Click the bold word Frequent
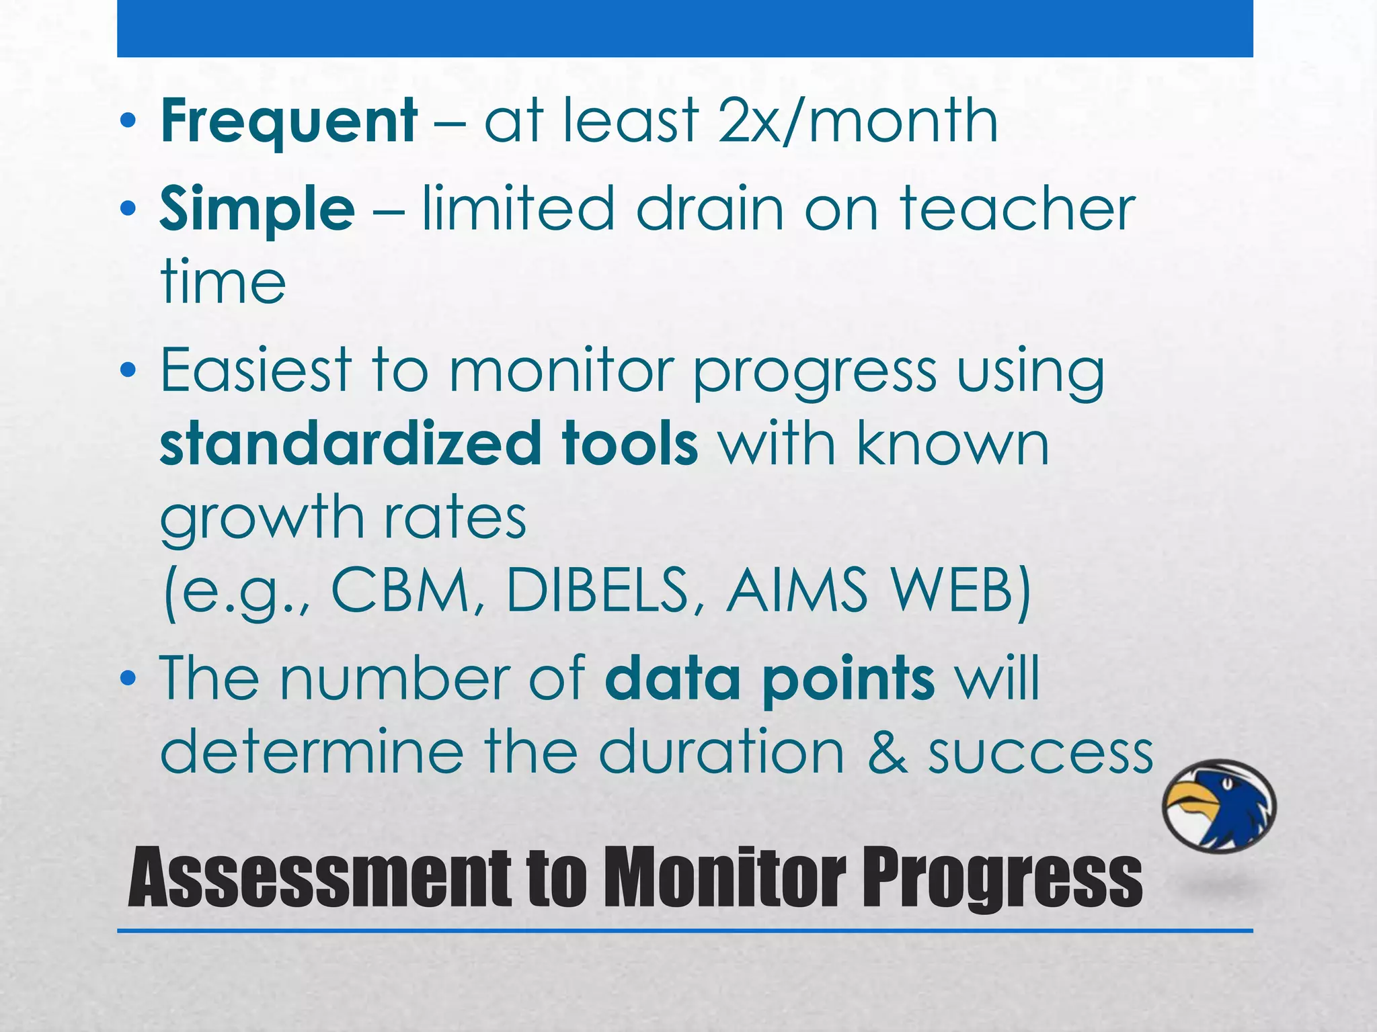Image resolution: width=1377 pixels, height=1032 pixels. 288,122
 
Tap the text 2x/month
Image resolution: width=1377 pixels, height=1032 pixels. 857,122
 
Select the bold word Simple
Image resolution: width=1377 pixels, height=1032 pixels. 257,210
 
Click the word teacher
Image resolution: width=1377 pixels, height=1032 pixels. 1017,210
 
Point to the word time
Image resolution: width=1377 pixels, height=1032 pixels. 223,283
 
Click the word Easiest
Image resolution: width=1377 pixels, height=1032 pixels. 255,371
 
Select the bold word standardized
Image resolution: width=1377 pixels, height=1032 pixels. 350,444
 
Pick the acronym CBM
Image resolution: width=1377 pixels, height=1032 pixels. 400,591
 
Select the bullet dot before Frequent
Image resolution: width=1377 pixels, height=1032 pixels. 128,122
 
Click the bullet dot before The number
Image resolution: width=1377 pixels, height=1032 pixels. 128,679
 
